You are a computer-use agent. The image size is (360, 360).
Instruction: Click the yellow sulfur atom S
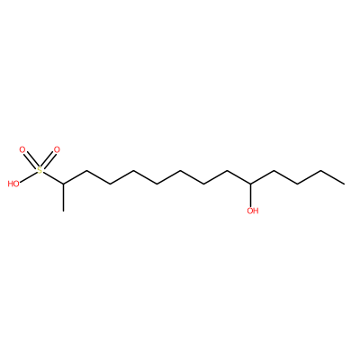click(x=40, y=171)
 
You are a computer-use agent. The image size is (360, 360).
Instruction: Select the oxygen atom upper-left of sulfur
click(x=22, y=149)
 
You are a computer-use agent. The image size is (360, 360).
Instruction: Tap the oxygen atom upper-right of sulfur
click(x=57, y=149)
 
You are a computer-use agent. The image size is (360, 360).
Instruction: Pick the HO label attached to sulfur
click(x=13, y=184)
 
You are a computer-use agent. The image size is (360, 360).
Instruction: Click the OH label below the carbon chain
click(x=253, y=211)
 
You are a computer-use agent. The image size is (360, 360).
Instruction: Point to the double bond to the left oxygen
click(x=31, y=160)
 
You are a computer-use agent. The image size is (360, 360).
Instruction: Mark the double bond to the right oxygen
click(x=48, y=160)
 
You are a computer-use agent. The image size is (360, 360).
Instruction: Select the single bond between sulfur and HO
click(x=28, y=176)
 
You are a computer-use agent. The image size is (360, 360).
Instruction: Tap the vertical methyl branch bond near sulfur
click(x=63, y=197)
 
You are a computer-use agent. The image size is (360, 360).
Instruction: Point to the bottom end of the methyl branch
click(x=63, y=211)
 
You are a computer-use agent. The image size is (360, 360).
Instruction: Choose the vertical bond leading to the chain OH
click(x=251, y=195)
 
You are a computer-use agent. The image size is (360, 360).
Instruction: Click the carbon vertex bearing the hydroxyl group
click(x=251, y=184)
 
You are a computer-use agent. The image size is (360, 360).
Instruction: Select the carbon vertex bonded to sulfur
click(x=63, y=184)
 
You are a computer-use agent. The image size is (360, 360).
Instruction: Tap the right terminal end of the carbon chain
click(x=344, y=184)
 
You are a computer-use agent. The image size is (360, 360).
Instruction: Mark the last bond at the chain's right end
click(x=332, y=177)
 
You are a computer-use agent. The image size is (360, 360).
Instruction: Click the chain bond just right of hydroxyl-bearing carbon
click(x=263, y=177)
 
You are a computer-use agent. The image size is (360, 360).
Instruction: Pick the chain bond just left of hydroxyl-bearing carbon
click(x=239, y=177)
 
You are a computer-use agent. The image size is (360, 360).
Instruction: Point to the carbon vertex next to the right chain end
click(x=320, y=171)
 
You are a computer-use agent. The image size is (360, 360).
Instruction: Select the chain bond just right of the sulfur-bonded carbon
click(x=75, y=177)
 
